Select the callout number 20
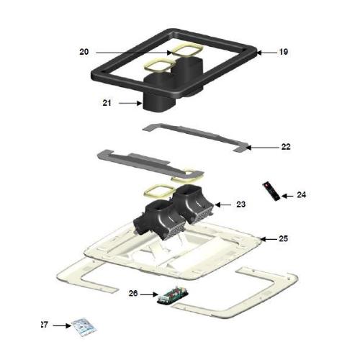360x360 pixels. [84, 52]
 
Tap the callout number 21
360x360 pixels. [107, 103]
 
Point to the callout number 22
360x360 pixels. [286, 146]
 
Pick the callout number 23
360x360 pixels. [240, 204]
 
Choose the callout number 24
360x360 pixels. [301, 194]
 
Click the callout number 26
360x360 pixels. [133, 293]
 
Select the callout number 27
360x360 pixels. [44, 325]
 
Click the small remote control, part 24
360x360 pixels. [271, 189]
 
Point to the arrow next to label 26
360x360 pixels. [149, 294]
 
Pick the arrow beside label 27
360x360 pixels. [62, 325]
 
